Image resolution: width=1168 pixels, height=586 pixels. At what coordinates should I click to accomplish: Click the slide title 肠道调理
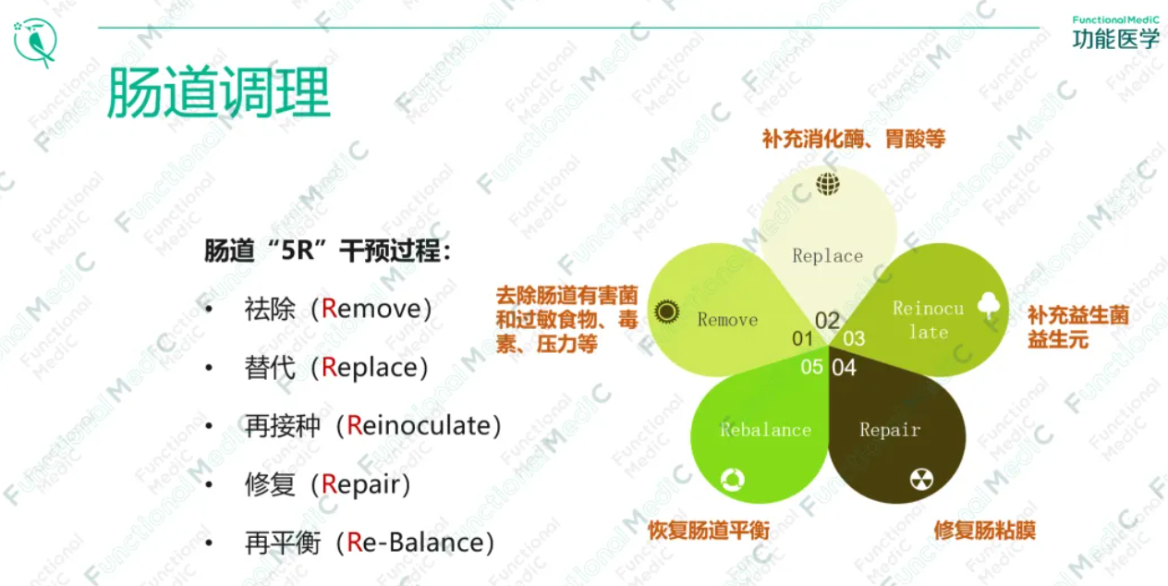tap(218, 92)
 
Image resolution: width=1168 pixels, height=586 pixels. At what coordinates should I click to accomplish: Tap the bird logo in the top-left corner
tap(36, 42)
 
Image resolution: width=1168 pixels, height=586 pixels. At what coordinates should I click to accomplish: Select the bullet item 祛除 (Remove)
tap(338, 309)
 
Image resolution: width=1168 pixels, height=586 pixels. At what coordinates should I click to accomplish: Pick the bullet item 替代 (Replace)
tap(336, 367)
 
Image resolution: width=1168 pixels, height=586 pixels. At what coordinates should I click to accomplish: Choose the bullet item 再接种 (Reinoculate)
tap(372, 425)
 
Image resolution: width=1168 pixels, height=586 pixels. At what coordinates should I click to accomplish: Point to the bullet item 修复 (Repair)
tap(327, 483)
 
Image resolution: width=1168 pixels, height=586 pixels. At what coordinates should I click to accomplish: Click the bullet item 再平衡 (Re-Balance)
tap(369, 543)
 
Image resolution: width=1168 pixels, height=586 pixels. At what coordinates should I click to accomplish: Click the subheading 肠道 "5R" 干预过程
tap(328, 250)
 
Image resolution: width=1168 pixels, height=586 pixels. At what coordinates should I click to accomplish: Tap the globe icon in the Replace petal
tap(828, 184)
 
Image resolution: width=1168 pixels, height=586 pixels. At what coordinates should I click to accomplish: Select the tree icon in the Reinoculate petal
tap(989, 305)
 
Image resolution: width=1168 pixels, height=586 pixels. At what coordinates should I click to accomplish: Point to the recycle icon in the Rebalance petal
tap(733, 479)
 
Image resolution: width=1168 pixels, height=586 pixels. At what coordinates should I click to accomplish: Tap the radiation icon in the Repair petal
tap(921, 479)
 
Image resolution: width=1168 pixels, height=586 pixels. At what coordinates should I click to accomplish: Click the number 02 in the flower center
tap(827, 321)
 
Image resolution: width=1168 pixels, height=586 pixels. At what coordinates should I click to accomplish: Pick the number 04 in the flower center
tap(844, 368)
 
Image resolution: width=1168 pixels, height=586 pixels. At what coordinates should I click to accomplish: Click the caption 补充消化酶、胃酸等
tap(853, 139)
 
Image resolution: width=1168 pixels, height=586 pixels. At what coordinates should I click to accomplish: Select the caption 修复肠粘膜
tap(984, 531)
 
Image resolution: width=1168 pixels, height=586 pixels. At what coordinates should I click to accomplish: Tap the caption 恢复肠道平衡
tap(708, 531)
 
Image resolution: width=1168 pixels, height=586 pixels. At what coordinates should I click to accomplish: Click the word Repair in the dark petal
tap(890, 430)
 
